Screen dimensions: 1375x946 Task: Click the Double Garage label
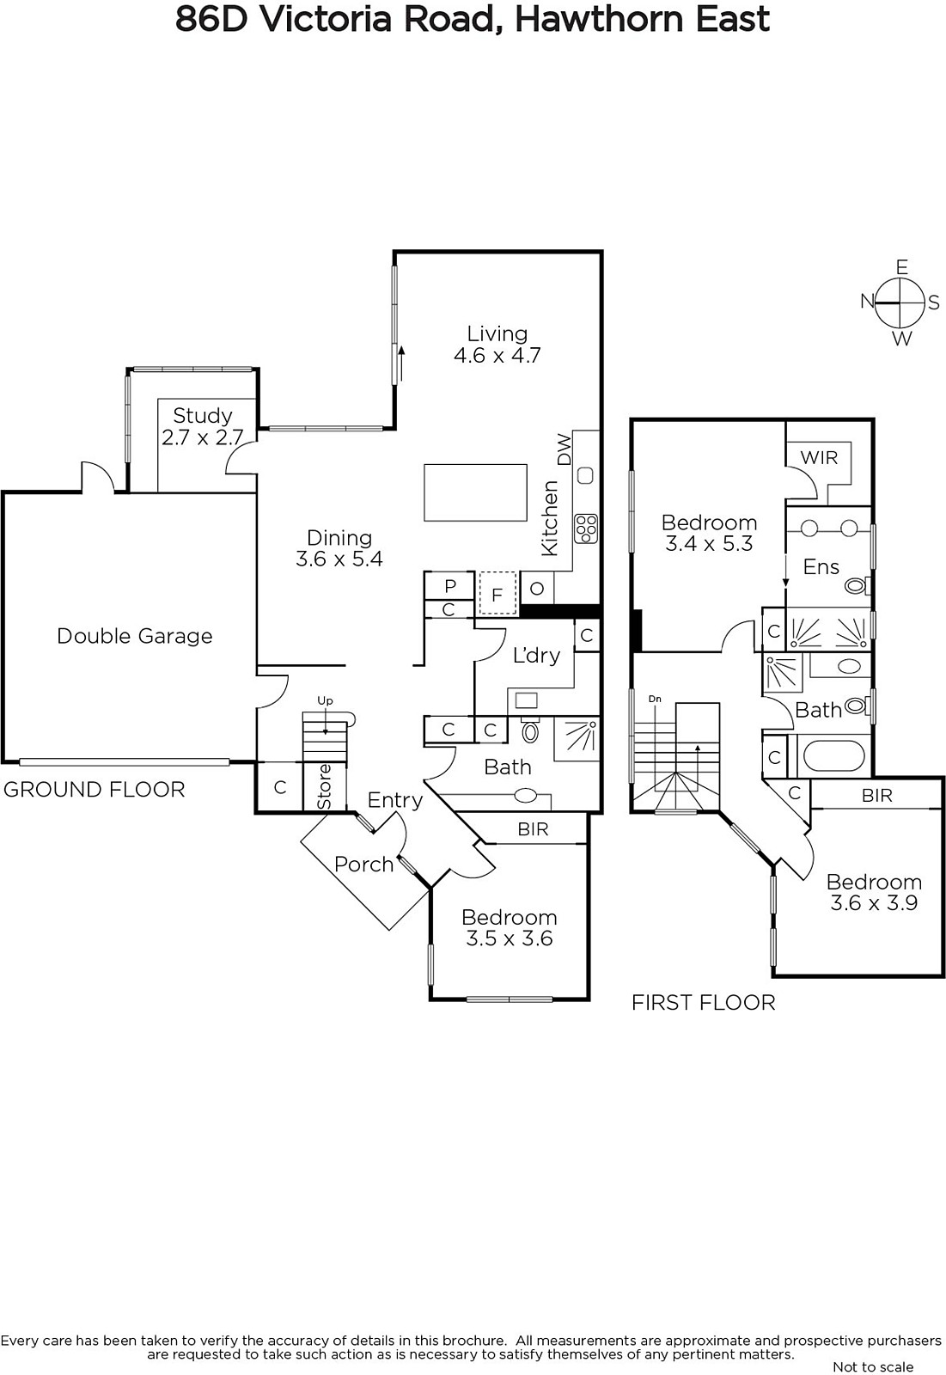pos(134,636)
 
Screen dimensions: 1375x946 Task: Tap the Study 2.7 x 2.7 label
pos(203,426)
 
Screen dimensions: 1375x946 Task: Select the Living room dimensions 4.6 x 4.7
pos(497,355)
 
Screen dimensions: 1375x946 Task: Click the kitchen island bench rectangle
pos(475,492)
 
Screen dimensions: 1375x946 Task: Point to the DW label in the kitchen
pos(565,449)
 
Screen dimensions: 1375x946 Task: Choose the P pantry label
pos(450,586)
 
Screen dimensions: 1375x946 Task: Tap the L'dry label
pos(536,656)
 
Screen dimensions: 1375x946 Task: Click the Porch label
pos(363,865)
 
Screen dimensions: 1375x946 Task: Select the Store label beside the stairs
pos(325,786)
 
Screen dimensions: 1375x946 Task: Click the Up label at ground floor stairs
pos(325,701)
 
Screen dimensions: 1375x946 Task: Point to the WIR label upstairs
pos(818,457)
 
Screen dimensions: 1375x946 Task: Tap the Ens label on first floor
pos(821,566)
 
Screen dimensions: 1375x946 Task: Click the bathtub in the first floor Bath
pos(833,757)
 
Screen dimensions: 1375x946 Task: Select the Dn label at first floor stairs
pos(655,699)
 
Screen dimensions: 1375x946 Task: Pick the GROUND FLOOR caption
pos(95,789)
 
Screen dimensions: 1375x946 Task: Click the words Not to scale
pos(873,1366)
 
